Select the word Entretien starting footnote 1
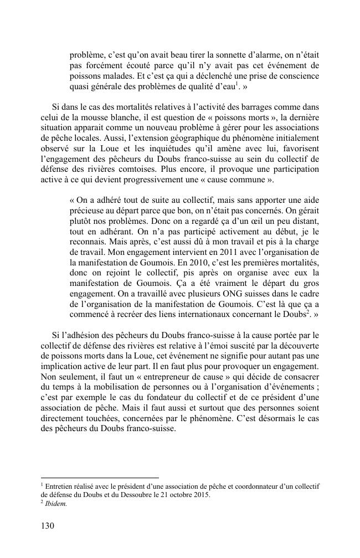60,486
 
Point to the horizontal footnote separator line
100,477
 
